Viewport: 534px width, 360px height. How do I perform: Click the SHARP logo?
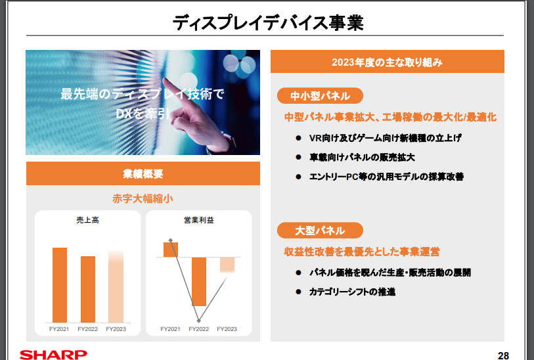[53, 355]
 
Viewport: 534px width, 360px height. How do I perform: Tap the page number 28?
[503, 355]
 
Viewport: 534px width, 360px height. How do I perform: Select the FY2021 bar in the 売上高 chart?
[60, 285]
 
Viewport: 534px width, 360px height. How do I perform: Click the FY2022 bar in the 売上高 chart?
[88, 289]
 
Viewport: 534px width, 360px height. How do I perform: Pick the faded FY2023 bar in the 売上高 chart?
[116, 286]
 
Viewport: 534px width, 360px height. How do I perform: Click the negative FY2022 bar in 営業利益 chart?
[199, 282]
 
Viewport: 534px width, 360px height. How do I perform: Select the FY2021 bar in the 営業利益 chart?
[171, 250]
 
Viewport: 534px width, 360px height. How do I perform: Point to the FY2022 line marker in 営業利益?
[199, 321]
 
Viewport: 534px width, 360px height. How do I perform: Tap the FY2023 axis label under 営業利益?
[227, 329]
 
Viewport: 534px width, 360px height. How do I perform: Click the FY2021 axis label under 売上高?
[59, 329]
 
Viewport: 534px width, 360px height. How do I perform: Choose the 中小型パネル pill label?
[320, 96]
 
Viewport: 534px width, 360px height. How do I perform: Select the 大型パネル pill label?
[320, 231]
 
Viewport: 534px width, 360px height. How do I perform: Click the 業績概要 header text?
[143, 173]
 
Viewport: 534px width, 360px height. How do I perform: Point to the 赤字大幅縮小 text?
[143, 198]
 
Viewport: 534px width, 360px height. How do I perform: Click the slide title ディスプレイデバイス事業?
[268, 22]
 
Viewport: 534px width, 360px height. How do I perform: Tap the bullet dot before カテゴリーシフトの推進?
[299, 292]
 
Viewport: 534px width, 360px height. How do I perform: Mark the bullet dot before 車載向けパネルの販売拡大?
[299, 157]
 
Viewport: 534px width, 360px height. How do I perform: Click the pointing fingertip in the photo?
[165, 80]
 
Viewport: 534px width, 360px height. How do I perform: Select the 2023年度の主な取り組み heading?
[388, 62]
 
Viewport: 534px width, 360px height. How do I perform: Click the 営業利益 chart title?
[199, 220]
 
